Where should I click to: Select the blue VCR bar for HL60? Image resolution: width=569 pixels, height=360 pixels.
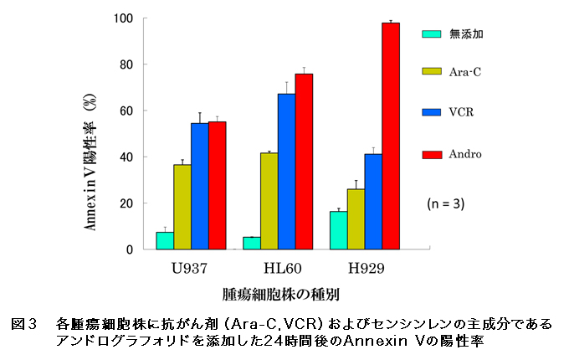tap(286, 172)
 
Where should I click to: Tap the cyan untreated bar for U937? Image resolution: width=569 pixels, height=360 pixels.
tap(165, 240)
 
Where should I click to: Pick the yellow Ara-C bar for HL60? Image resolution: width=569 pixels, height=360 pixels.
tap(269, 201)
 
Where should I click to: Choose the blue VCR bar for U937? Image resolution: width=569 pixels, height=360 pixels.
tap(200, 186)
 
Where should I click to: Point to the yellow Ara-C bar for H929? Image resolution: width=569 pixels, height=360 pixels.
tap(356, 219)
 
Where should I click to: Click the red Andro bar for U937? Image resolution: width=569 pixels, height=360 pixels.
tap(218, 185)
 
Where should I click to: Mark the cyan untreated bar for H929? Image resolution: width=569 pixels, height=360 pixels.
tap(339, 230)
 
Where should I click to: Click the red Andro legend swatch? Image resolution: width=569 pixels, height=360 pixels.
tap(431, 154)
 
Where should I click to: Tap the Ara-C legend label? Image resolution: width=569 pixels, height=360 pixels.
tap(464, 72)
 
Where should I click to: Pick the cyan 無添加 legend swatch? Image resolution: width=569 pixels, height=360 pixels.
tap(431, 34)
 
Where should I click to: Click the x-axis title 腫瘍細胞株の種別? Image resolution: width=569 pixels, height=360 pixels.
tap(280, 294)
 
